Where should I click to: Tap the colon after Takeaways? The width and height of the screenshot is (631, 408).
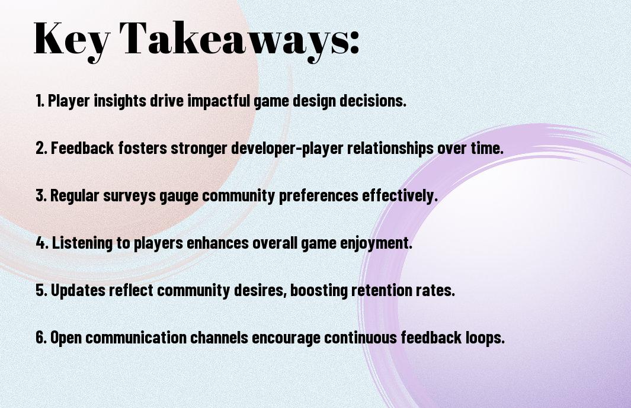point(354,42)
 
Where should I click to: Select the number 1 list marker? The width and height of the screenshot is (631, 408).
point(40,101)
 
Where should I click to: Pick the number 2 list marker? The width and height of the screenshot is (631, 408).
point(41,148)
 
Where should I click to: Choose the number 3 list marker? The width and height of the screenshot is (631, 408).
point(41,195)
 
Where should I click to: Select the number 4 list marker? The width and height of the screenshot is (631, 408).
point(42,243)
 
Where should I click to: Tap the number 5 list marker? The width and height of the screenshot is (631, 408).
point(41,290)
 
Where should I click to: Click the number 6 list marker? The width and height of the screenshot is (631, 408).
point(41,337)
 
